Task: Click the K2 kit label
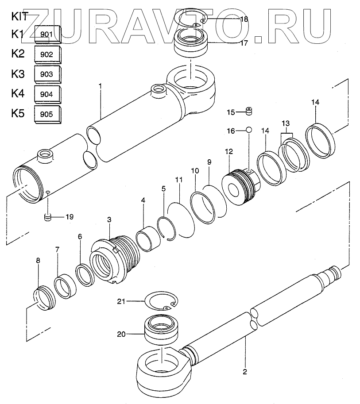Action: point(18,54)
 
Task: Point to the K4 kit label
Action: point(18,94)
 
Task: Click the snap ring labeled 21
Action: point(161,303)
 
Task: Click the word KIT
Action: point(19,17)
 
